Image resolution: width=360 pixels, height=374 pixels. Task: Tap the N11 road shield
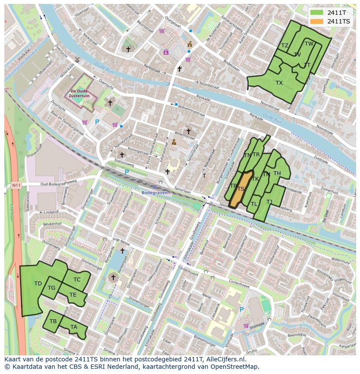coord(16,185)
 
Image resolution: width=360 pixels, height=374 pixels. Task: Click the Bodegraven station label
coord(154,192)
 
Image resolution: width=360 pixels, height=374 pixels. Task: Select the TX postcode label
coord(279,83)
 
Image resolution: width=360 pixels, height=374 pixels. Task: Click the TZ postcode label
coord(285,46)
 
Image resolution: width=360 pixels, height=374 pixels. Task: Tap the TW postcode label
coord(309,44)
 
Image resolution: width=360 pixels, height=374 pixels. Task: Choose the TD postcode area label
coord(38,284)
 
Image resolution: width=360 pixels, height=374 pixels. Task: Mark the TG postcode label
coord(51,288)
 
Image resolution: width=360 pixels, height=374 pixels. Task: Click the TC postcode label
coord(77,280)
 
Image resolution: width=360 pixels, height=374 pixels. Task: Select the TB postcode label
coord(53,321)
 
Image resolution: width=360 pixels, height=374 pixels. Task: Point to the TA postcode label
coord(74,327)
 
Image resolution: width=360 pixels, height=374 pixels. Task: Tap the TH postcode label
coord(277,174)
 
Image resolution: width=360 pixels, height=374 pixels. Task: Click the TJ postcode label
coord(270,202)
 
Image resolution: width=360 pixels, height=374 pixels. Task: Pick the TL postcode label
coord(254,204)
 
